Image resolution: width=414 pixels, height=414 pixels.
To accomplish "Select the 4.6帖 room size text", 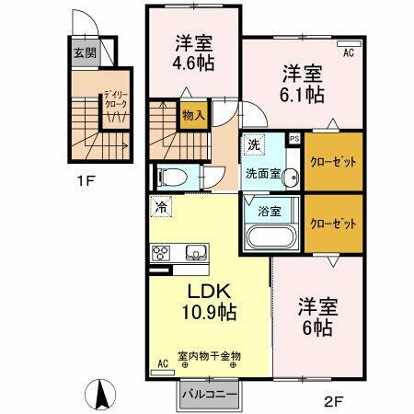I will [x=194, y=64].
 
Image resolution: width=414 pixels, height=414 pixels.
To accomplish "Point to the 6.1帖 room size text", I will [x=301, y=94].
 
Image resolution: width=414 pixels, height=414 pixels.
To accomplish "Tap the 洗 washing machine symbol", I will [x=254, y=144].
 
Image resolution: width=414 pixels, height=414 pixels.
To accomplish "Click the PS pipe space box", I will [x=294, y=139].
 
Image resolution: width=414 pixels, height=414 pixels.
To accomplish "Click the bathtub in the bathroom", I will [x=269, y=237].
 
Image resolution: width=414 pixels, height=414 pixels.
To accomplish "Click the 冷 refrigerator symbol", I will [x=161, y=208].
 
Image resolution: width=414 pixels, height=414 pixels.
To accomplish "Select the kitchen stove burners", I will [x=161, y=252].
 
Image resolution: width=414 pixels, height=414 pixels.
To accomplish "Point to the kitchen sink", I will [x=197, y=252].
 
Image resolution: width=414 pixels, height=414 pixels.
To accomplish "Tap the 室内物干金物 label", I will [x=209, y=355].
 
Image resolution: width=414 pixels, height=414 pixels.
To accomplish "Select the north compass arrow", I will [x=100, y=396].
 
